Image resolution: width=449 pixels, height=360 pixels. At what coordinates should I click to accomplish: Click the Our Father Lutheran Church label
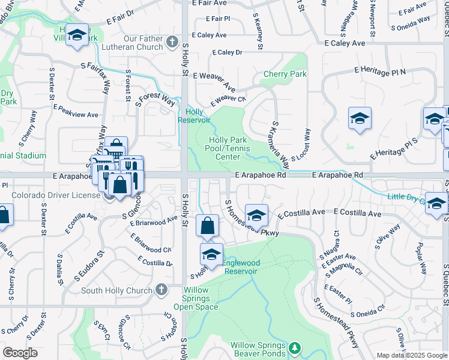point(134,43)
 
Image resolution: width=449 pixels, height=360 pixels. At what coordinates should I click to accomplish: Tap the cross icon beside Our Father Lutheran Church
point(172,41)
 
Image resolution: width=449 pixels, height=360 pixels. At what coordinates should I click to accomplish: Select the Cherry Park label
point(285,74)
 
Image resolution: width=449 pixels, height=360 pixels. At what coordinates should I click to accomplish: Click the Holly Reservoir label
point(194,115)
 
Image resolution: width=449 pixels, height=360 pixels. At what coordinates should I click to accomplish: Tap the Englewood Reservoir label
point(241,267)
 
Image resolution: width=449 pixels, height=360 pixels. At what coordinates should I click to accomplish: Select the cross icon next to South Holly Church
point(161,290)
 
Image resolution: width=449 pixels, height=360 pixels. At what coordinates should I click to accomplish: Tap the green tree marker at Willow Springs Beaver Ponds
point(294,347)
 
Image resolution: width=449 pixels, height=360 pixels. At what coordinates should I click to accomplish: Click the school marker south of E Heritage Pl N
point(360,119)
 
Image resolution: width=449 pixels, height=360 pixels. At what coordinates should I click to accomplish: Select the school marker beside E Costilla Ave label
point(256,214)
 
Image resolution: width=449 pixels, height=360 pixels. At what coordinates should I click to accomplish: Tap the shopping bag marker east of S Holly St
point(207,227)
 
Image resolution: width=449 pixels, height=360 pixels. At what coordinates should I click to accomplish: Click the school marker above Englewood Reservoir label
point(211,254)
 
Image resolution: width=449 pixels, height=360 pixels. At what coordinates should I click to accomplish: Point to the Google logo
point(20,353)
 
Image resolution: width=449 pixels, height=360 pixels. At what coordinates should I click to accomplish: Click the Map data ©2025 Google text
point(412,355)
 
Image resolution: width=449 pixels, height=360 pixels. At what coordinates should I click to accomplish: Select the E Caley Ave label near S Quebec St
point(345,43)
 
